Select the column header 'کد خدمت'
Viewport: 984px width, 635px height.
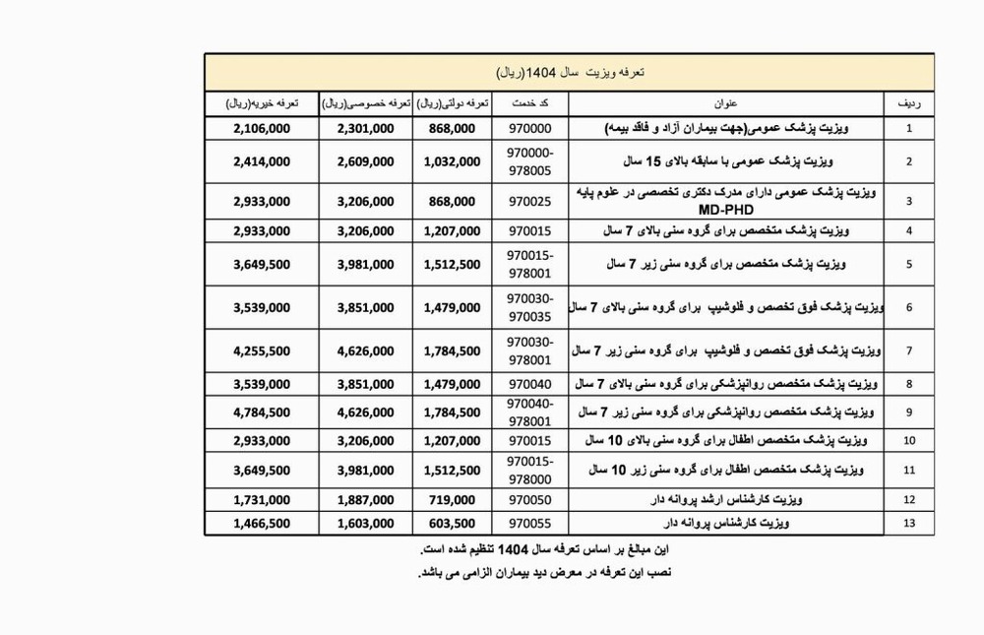[x=531, y=103]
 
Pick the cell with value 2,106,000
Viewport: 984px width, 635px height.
[x=262, y=129]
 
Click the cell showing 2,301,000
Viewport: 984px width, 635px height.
[x=365, y=129]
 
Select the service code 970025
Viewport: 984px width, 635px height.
[x=529, y=201]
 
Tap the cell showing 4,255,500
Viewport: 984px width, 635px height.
[x=262, y=350]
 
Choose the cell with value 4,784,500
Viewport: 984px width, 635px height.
[x=262, y=412]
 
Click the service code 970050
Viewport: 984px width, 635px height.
[x=529, y=500]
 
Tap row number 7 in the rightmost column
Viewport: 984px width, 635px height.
[x=908, y=350]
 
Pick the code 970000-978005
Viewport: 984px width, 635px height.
[x=530, y=161]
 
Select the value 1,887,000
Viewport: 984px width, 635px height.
[x=365, y=500]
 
